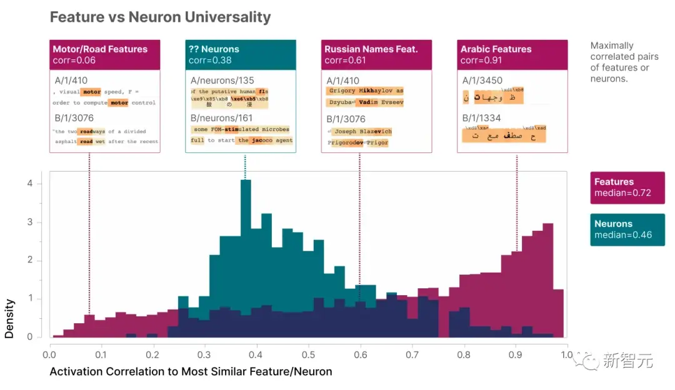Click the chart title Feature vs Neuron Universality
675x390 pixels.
pos(160,17)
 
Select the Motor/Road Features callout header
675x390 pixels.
pos(105,54)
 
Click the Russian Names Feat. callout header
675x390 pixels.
pos(376,54)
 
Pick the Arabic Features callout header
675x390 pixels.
pos(512,54)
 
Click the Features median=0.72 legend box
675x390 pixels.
pos(627,187)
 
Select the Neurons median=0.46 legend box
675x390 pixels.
pos(627,229)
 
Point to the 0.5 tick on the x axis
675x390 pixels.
pos(307,354)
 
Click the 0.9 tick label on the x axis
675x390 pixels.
pos(514,354)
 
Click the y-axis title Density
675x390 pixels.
pos(9,318)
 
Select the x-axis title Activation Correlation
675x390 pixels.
pos(191,372)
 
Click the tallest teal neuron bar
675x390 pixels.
pos(246,250)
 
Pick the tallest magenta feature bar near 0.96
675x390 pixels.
pos(548,275)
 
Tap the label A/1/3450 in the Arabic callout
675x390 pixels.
pos(482,80)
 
